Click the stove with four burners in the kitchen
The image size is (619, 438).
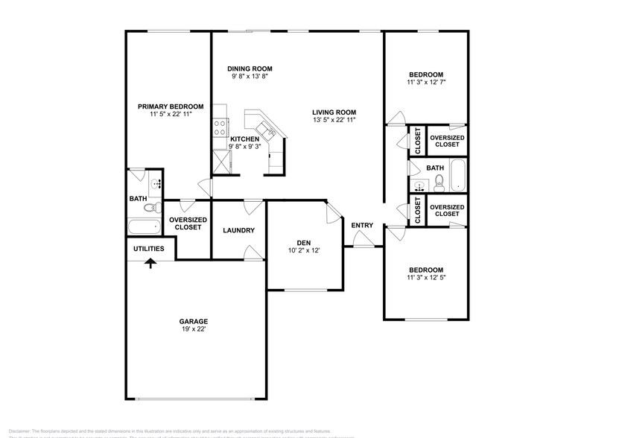[220, 127]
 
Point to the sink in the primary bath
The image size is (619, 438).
[156, 183]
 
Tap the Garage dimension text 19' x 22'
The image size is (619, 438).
[192, 329]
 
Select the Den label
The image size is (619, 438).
[304, 242]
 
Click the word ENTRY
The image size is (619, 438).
[362, 226]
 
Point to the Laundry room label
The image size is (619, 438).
[238, 230]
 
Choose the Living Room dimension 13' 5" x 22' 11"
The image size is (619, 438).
[334, 120]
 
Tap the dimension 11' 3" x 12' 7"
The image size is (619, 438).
[427, 83]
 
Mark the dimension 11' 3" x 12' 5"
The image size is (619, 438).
[425, 278]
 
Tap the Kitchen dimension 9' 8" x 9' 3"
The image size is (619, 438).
[245, 147]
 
